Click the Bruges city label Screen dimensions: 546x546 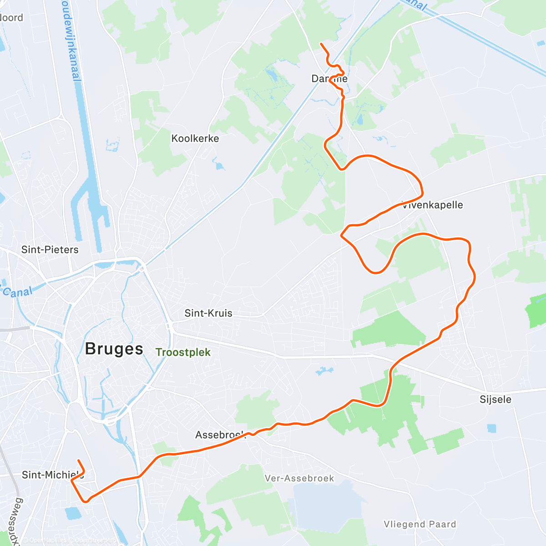(114, 349)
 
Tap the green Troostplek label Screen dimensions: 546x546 (183, 352)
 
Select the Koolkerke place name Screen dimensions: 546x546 (195, 138)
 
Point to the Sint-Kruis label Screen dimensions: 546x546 (208, 313)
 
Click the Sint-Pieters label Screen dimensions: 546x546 (50, 249)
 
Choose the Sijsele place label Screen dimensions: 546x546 (495, 399)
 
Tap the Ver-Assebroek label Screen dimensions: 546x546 (299, 478)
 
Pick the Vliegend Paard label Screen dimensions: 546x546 (420, 524)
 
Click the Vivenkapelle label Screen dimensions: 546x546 (433, 205)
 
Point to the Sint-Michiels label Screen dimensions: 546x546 (52, 475)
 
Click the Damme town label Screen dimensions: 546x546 (329, 79)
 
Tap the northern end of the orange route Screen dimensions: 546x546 (321, 44)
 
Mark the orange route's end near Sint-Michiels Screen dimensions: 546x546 (78, 460)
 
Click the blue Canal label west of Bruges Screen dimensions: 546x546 (17, 292)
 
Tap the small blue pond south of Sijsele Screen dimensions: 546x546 (491, 428)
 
